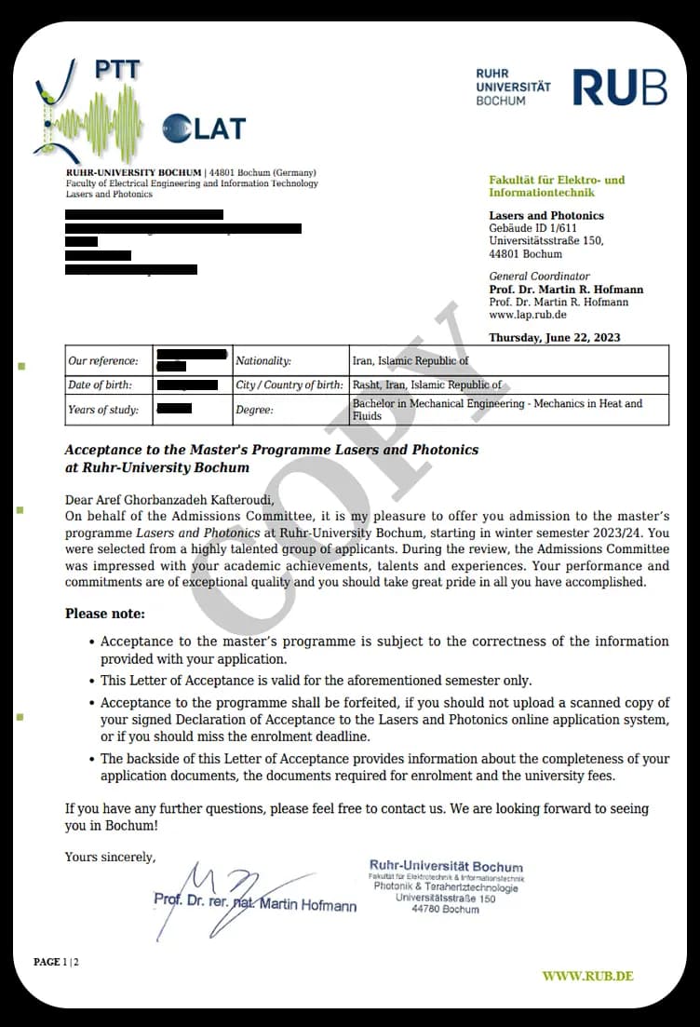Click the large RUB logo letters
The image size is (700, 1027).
coord(619,87)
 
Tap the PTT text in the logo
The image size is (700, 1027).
coord(118,70)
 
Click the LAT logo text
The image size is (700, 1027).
coord(205,128)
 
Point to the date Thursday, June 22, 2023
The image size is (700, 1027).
coord(555,337)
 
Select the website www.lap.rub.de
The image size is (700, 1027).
coord(527,315)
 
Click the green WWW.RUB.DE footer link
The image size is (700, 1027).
coord(587,976)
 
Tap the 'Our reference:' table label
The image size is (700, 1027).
coord(102,360)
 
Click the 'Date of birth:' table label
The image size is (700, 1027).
coord(100,385)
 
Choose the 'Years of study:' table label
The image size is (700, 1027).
coord(102,410)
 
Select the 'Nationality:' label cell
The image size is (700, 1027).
coord(263,360)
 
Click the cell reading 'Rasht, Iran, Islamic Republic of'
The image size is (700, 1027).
coord(426,385)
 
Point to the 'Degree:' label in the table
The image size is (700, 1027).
coord(256,410)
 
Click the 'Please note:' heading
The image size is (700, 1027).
coord(105,614)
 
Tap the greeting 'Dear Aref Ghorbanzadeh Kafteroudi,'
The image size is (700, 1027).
coord(169,500)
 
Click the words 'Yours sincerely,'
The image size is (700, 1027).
coord(110,857)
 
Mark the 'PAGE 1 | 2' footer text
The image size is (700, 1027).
coord(57,962)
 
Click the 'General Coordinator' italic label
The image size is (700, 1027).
coord(539,277)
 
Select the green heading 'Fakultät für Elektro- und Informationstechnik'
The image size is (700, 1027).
coord(557,186)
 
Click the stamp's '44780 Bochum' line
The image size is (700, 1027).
coord(445,910)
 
